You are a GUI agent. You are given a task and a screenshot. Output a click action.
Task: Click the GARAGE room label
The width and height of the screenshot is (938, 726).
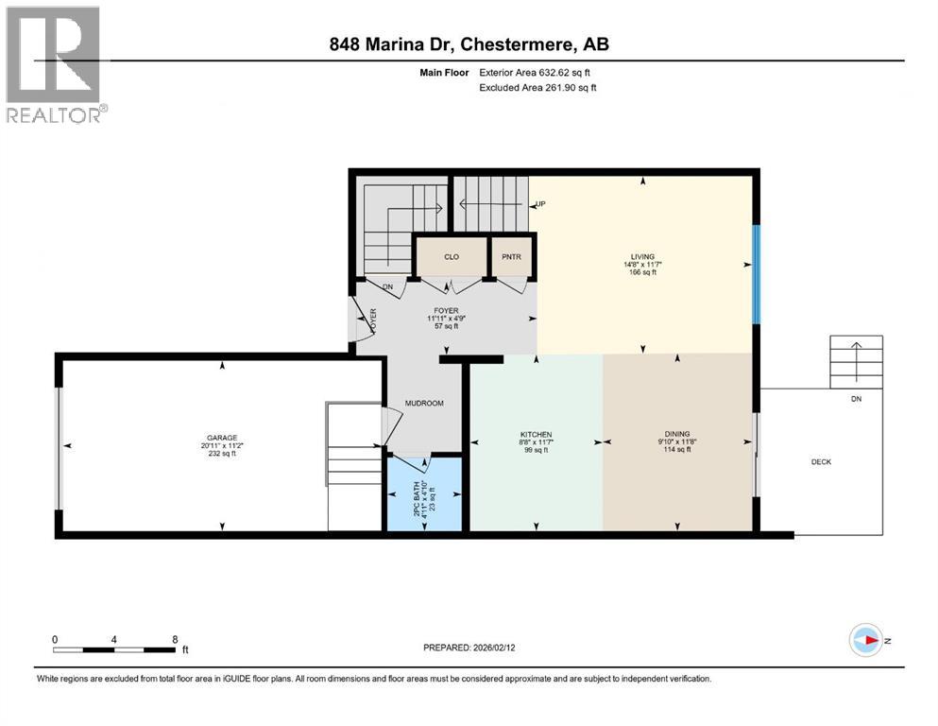click(222, 438)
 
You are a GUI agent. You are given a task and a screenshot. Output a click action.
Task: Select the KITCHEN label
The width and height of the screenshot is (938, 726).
click(535, 434)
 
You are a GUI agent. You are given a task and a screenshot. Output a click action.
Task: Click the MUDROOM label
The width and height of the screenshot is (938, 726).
click(424, 404)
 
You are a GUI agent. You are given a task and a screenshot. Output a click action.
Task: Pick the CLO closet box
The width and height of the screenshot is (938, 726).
click(452, 255)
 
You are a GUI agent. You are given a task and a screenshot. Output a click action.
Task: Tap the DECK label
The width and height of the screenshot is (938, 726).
click(821, 461)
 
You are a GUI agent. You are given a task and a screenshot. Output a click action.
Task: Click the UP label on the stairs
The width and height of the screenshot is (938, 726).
click(541, 203)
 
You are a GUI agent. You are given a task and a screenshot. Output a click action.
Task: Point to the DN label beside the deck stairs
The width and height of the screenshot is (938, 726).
click(856, 399)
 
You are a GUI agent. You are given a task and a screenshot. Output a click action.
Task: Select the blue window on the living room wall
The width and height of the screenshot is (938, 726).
click(755, 275)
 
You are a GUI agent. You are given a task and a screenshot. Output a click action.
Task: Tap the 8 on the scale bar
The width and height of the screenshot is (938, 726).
click(175, 639)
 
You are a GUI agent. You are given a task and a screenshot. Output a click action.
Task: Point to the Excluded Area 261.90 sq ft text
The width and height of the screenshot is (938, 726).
click(539, 87)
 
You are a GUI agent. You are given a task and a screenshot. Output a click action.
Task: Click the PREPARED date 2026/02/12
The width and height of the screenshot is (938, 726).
click(469, 648)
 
